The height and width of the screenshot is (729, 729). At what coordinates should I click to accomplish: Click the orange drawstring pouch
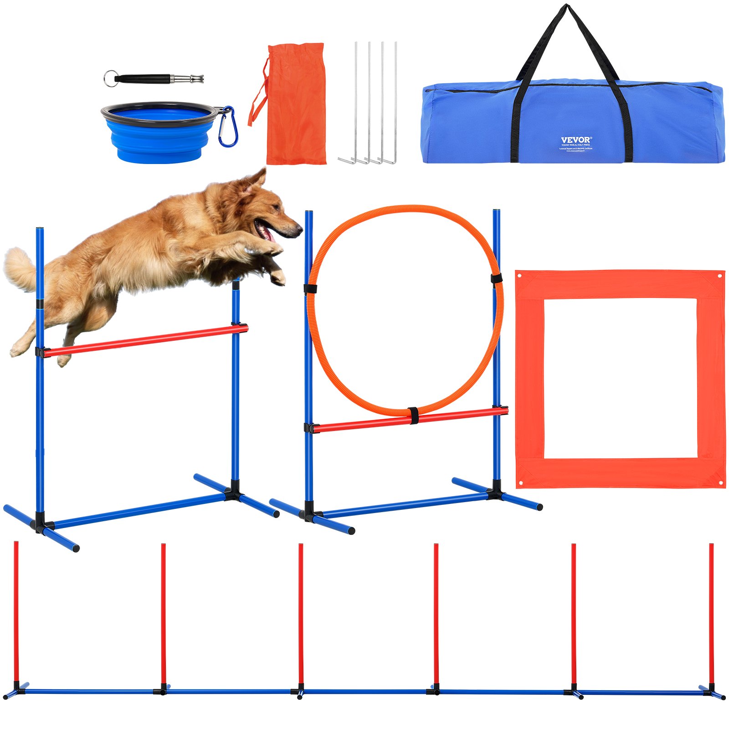[x=296, y=105]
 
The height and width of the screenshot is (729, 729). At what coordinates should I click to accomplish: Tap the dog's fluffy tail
[x=21, y=269]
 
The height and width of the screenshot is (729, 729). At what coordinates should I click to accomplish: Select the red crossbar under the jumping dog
[x=146, y=339]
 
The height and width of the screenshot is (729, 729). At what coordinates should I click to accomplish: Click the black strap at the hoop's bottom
[x=414, y=415]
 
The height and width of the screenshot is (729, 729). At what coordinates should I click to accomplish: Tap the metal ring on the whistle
[x=110, y=78]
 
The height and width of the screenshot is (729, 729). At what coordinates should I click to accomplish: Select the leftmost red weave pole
[x=16, y=615]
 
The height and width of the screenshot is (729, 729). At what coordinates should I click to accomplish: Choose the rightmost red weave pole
[x=711, y=615]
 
